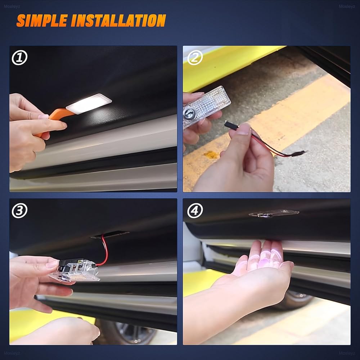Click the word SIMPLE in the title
tap(42, 21)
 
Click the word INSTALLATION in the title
tap(118, 21)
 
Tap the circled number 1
tap(19, 58)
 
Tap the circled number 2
tap(195, 58)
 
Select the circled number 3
tap(19, 210)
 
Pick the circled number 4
tap(195, 210)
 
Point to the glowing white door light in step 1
tap(89, 104)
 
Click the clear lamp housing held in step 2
tap(207, 107)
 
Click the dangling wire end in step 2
tap(298, 153)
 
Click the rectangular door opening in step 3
tap(110, 234)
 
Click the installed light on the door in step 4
tap(274, 213)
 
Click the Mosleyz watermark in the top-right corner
tap(347, 6)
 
